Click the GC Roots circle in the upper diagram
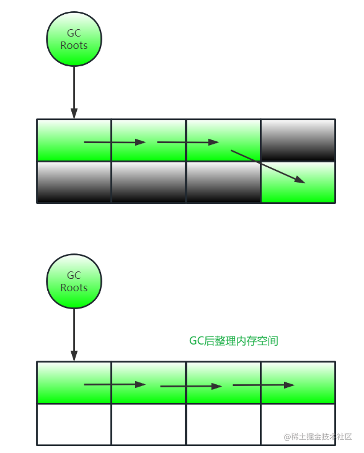point(74,39)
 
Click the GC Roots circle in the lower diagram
point(74,281)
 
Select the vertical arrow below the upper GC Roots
point(74,92)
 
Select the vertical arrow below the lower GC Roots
point(74,335)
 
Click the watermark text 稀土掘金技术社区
point(318,437)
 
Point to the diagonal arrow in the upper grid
point(267,166)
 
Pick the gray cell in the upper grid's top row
point(298,140)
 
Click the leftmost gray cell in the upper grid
point(74,182)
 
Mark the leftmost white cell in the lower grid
point(74,424)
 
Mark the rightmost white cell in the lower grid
point(298,424)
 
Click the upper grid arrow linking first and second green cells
point(115,142)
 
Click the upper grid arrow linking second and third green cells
point(188,142)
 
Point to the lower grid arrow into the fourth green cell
point(264,385)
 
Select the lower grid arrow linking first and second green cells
point(115,384)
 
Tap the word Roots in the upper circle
point(74,45)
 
